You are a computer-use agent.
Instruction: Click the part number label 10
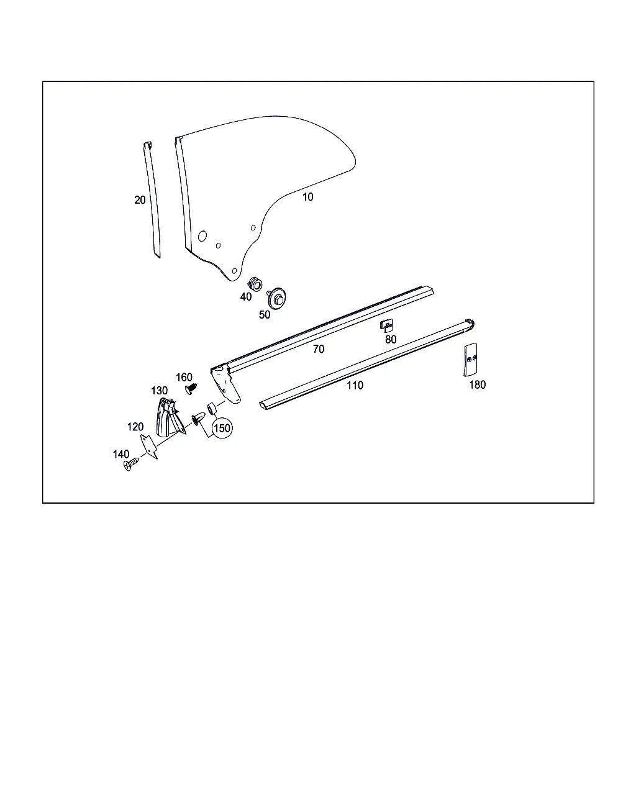click(x=307, y=197)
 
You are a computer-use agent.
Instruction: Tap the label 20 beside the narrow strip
click(x=140, y=200)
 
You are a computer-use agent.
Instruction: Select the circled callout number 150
click(x=222, y=428)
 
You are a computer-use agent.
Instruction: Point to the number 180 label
click(x=477, y=385)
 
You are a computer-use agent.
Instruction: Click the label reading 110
click(x=355, y=385)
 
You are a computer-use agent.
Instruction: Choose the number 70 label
click(x=319, y=349)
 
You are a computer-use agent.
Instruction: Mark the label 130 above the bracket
click(x=159, y=391)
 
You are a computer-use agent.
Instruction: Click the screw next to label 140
click(x=131, y=464)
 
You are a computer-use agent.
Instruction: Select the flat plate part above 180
click(x=470, y=360)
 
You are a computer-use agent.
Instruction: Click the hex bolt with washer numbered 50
click(x=276, y=298)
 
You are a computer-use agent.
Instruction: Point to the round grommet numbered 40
click(x=255, y=284)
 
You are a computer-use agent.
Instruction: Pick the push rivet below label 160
click(x=191, y=389)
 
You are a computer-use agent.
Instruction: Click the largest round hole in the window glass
click(x=202, y=236)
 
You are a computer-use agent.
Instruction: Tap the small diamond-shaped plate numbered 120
click(x=149, y=447)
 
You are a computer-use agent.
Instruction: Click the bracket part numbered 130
click(x=170, y=417)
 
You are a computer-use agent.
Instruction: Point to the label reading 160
click(x=184, y=377)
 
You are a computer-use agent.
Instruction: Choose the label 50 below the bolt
click(x=265, y=315)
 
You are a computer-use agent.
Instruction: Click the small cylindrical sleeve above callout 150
click(x=212, y=409)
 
